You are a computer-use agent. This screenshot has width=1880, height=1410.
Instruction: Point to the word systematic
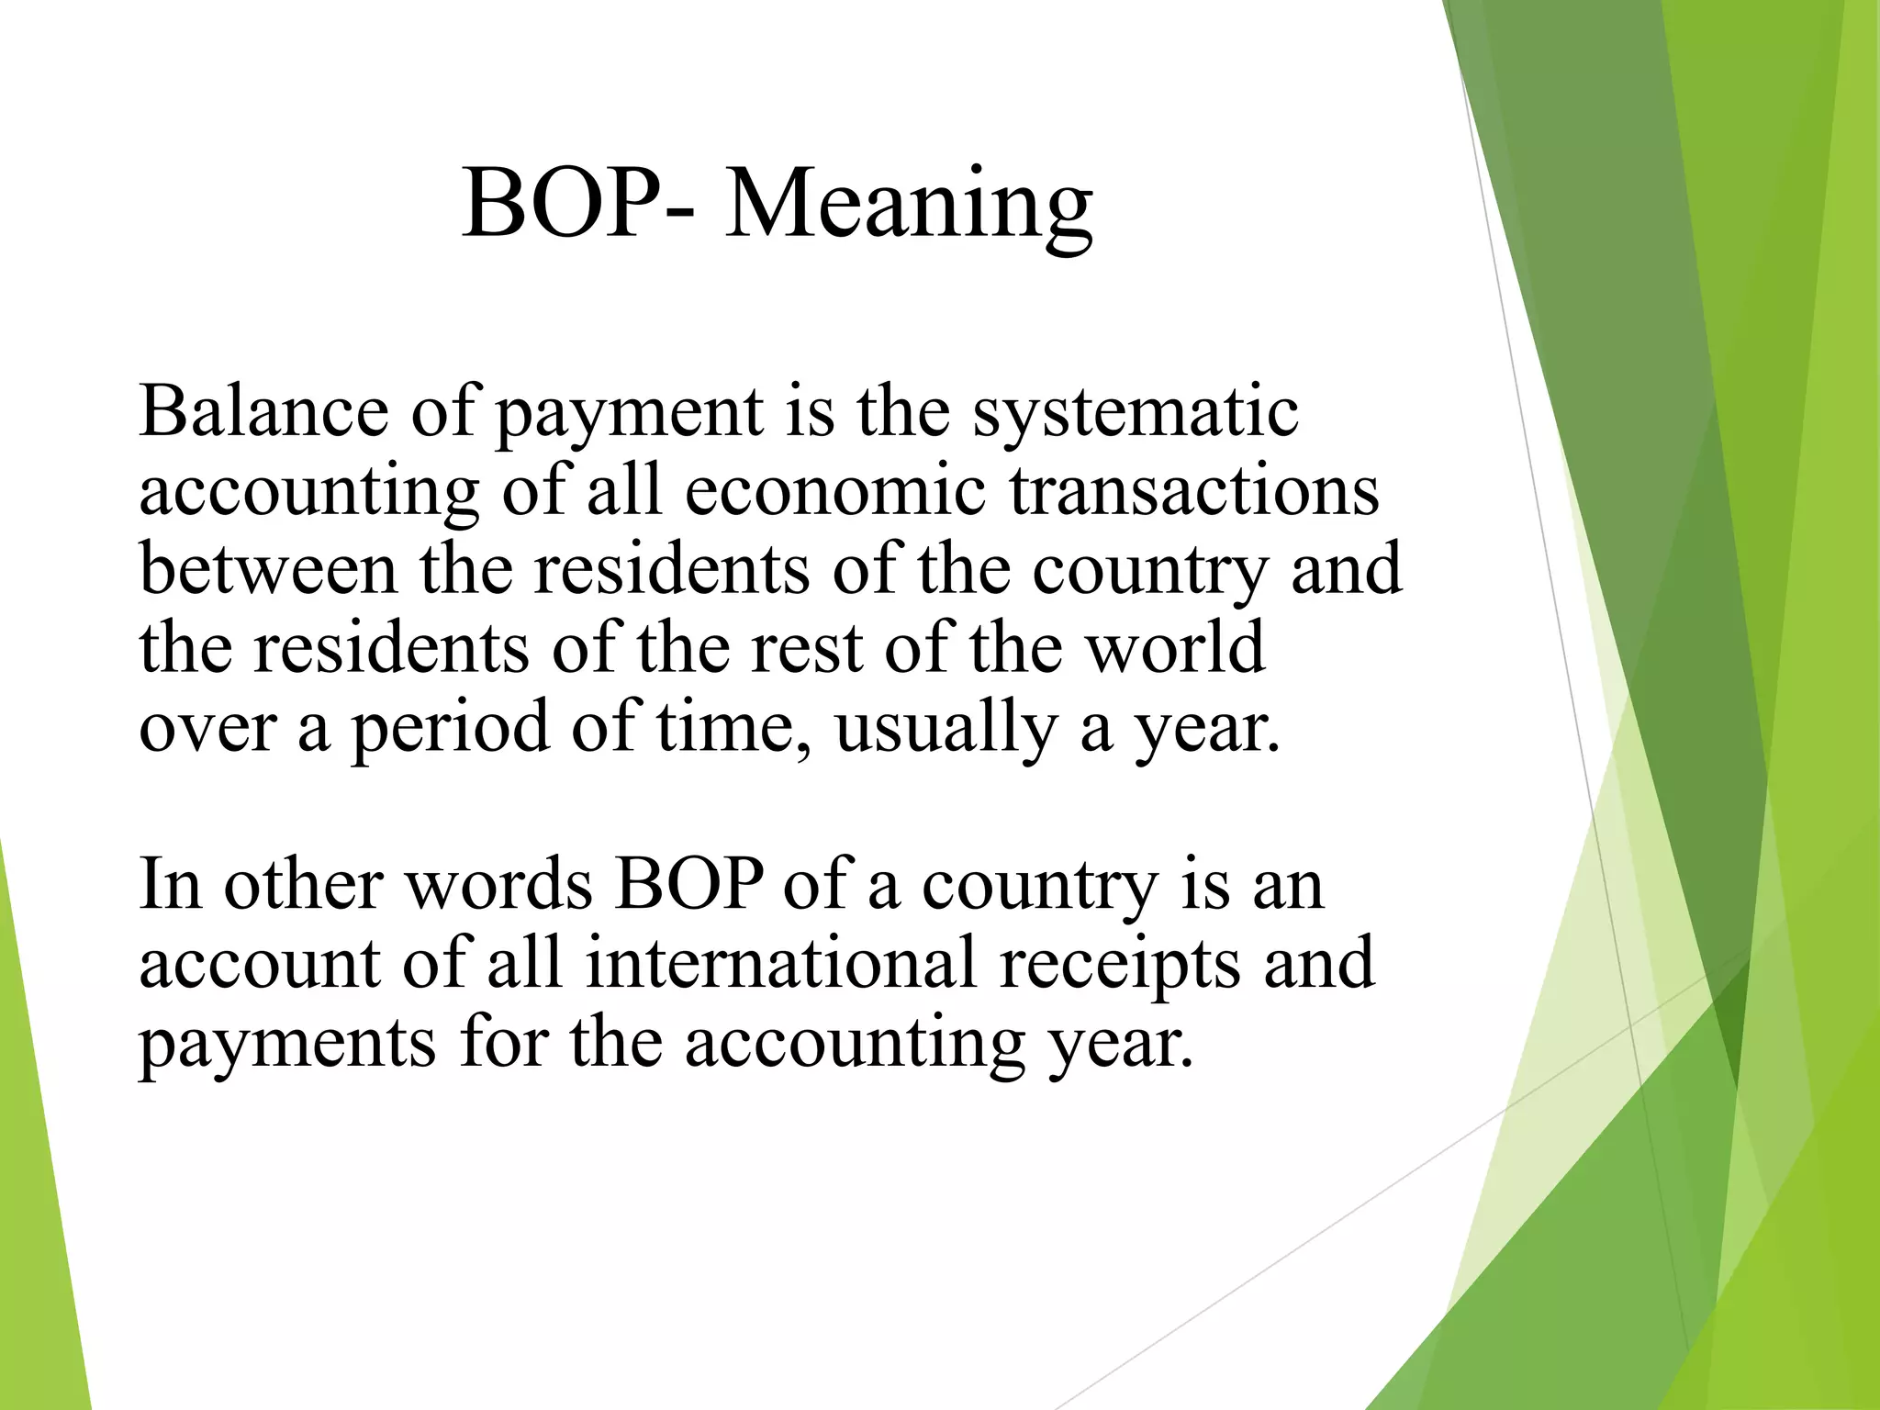[1136, 413]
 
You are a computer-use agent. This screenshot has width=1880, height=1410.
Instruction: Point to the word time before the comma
[724, 725]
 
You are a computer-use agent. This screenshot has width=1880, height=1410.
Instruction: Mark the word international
[780, 963]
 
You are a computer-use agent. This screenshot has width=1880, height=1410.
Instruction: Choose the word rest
[806, 648]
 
